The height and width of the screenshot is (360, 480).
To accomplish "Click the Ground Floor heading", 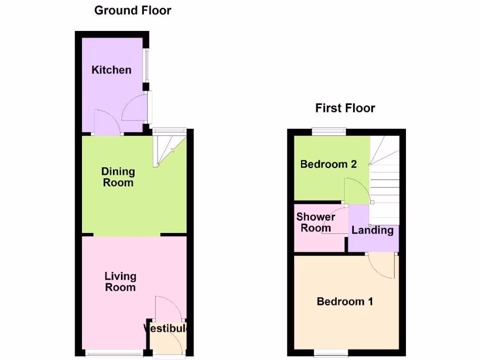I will [x=133, y=10].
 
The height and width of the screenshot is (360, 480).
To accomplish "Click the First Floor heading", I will [x=345, y=108].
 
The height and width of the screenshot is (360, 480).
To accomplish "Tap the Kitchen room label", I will [x=111, y=70].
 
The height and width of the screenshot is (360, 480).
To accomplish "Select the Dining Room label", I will [x=118, y=177].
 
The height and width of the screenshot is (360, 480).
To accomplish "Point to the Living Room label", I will [x=120, y=281].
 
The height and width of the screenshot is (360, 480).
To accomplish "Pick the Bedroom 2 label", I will [x=328, y=164].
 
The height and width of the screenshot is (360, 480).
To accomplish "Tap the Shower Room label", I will [x=315, y=223].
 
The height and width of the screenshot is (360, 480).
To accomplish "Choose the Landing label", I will [x=372, y=230].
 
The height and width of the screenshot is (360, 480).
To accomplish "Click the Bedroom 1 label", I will [x=345, y=301].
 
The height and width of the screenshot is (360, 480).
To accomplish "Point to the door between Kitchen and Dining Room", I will [x=107, y=123].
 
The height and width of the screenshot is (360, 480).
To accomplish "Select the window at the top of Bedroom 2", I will [x=329, y=132].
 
